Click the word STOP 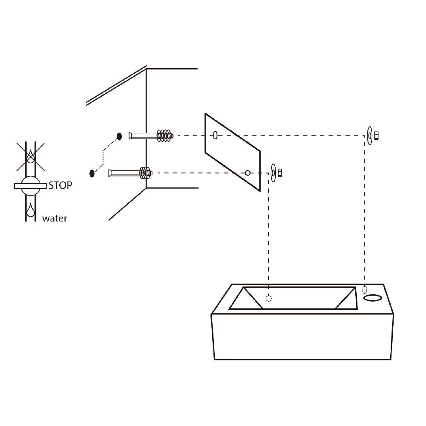click(x=60, y=186)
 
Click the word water click(x=55, y=219)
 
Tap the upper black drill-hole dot click(x=119, y=136)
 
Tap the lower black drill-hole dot click(x=92, y=173)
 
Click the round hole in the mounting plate click(x=247, y=173)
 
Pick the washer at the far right click(x=370, y=136)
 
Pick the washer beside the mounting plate click(x=273, y=173)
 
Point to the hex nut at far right click(x=376, y=136)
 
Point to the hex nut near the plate click(x=280, y=173)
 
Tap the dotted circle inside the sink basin click(x=269, y=298)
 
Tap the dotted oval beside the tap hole click(x=365, y=290)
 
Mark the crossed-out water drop click(x=31, y=156)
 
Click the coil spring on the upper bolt click(x=165, y=136)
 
